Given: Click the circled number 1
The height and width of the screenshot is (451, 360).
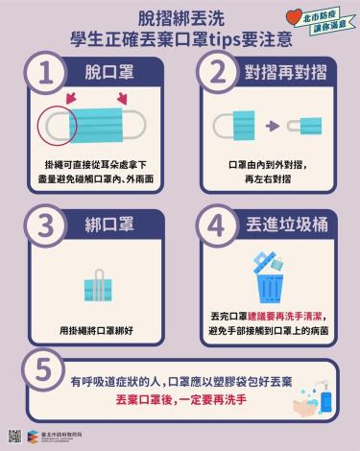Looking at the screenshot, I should click(x=44, y=73).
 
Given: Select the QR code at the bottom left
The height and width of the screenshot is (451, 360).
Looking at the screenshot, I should click(x=14, y=436).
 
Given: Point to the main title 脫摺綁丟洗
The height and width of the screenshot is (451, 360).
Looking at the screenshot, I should click(x=180, y=16).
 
